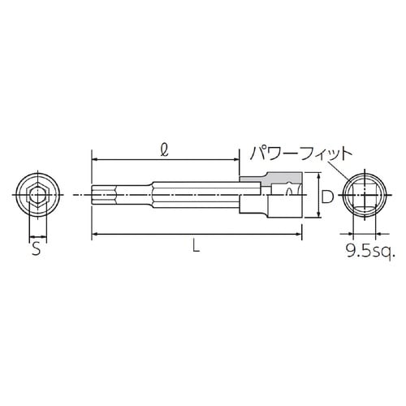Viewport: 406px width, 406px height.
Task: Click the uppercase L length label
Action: point(194,249)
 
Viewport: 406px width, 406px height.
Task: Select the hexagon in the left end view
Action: point(35,196)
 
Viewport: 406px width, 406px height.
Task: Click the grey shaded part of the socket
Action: point(268,177)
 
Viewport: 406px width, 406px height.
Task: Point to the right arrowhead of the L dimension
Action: point(300,235)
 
